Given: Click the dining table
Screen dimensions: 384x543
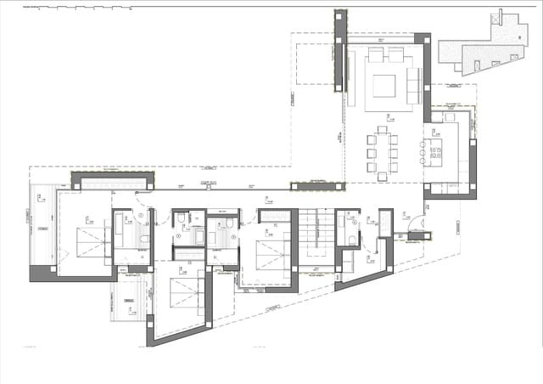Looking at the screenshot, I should click(383, 151).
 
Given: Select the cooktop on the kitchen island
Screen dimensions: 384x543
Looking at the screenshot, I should click(436, 153).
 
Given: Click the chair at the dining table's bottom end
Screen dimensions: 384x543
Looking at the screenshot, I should click(383, 176).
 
